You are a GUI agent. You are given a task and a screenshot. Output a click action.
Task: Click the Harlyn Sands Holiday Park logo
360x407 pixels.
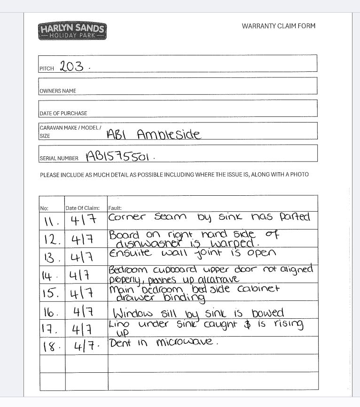[x=73, y=31]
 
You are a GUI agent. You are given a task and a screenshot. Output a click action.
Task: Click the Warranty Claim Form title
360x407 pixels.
[x=279, y=26]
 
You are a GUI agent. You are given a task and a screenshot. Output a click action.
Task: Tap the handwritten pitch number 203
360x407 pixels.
[x=72, y=67]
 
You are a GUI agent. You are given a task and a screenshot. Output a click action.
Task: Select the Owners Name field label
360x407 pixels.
[x=58, y=91]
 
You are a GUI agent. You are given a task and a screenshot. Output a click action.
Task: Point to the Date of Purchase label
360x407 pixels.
[x=63, y=113]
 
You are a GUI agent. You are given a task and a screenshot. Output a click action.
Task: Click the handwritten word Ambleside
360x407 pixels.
[x=169, y=135]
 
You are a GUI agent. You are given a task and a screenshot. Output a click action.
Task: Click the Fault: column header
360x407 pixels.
[x=115, y=208]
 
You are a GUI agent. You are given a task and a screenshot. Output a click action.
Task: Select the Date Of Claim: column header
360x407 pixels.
[x=83, y=208]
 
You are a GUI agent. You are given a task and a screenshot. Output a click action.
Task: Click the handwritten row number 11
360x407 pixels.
[x=50, y=220]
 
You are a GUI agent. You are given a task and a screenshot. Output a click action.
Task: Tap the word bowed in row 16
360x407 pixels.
[x=266, y=313]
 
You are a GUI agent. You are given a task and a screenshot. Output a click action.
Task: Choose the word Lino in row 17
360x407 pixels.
[x=117, y=324]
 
